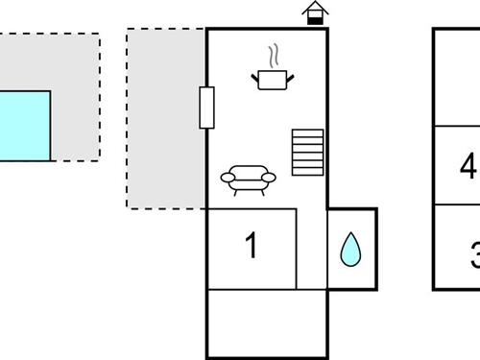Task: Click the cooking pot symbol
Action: [272, 80]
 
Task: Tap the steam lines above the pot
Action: [274, 53]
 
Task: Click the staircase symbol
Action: [309, 152]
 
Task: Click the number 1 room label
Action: [252, 246]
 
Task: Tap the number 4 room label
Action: [468, 166]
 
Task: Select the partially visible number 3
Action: [474, 256]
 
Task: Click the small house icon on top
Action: [315, 13]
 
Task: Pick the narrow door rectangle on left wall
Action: [205, 108]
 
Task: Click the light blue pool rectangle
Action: [24, 126]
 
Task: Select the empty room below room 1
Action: [267, 324]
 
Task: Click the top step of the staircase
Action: [309, 132]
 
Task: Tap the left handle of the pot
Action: [255, 74]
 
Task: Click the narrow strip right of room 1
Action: [311, 248]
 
